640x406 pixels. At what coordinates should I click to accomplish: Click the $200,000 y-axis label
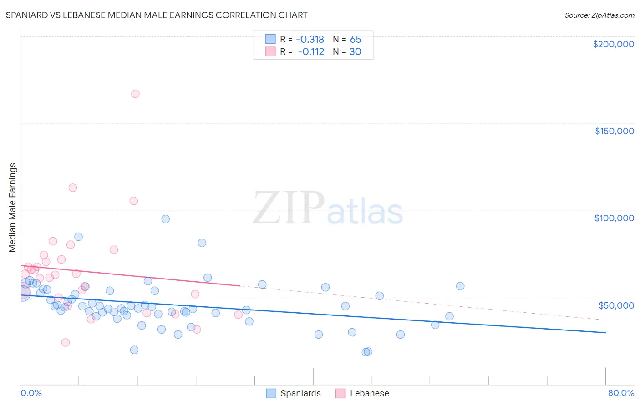(613, 44)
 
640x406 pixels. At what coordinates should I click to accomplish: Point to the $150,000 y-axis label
(614, 131)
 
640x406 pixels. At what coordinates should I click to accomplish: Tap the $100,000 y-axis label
(614, 218)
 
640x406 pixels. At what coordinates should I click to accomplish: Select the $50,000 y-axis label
(616, 305)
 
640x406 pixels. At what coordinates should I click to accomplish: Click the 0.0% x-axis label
(31, 393)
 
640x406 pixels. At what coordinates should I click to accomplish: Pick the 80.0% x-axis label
(621, 393)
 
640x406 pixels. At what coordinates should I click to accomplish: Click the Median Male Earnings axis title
(12, 208)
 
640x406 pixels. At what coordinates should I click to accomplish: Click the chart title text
(157, 15)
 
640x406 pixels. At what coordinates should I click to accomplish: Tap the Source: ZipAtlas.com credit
(599, 15)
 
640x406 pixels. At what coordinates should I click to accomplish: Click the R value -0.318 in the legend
(310, 39)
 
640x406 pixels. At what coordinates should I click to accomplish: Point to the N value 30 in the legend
(355, 51)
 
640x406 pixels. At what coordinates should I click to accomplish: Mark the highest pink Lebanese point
(135, 94)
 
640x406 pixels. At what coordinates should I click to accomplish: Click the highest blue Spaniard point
(166, 219)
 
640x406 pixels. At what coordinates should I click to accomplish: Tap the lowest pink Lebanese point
(66, 342)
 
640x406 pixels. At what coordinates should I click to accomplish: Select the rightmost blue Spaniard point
(460, 286)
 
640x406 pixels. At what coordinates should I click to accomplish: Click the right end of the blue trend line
(605, 333)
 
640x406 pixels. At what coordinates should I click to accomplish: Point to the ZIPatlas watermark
(328, 208)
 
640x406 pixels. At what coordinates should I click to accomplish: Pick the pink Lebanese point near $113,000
(73, 188)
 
